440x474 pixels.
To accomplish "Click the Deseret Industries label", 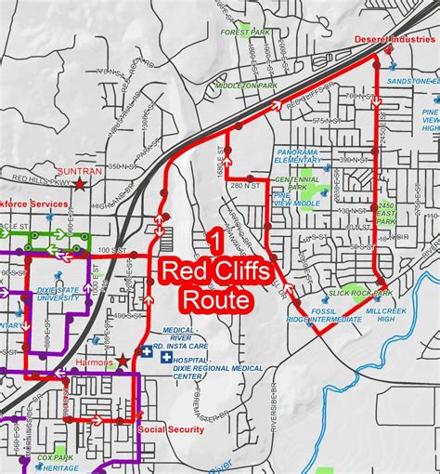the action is pos(394,40).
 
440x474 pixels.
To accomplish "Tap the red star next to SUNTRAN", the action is pos(81,184).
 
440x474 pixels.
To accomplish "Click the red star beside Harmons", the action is pos(122,360).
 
